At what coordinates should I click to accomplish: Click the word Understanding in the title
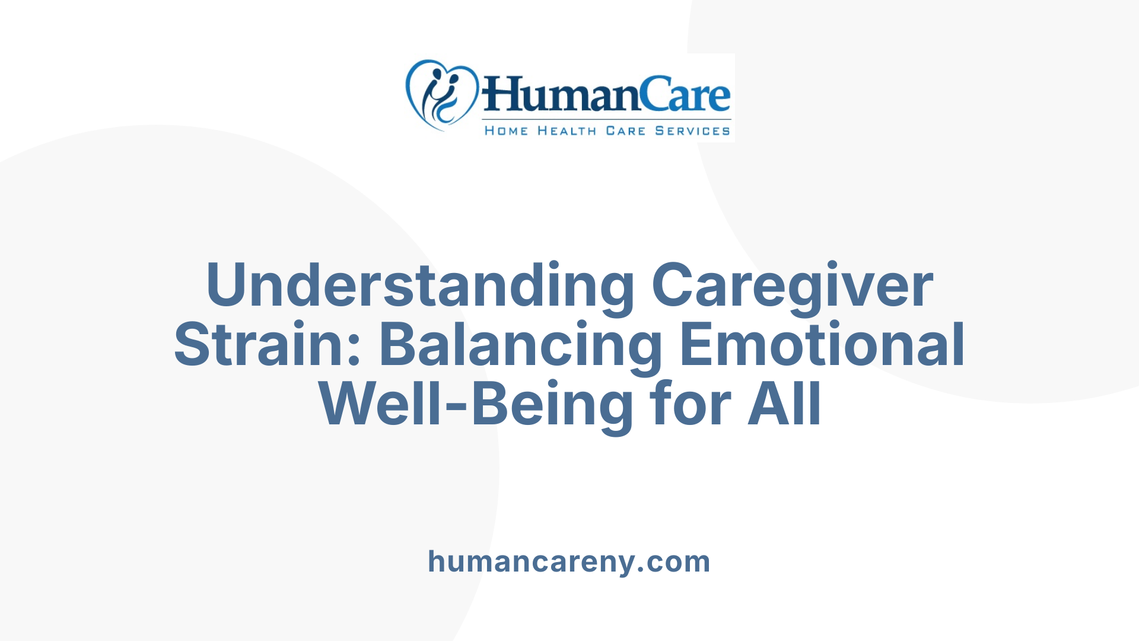tap(420, 285)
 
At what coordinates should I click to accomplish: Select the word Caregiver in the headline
tap(793, 285)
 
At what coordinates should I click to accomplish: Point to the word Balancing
tap(520, 345)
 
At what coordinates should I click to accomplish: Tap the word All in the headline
tap(784, 405)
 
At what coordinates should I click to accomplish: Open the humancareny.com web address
tap(569, 561)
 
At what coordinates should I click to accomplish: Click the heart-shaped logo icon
tap(441, 95)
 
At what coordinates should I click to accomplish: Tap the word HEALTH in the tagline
tap(567, 131)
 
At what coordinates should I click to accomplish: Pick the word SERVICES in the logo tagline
tap(692, 131)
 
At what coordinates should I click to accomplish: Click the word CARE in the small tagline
tap(625, 131)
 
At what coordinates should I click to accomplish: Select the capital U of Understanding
tap(226, 285)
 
